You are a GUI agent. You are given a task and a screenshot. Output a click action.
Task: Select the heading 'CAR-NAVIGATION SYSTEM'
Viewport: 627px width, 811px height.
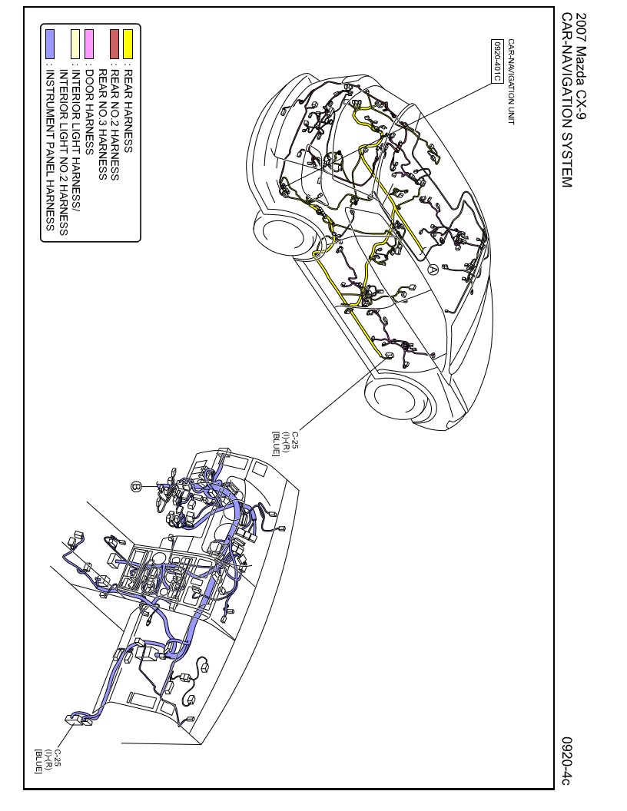coord(567,101)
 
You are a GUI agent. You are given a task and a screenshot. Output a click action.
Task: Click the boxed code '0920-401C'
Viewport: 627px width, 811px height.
coord(497,61)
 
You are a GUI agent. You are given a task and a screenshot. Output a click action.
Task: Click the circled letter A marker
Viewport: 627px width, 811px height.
coord(433,269)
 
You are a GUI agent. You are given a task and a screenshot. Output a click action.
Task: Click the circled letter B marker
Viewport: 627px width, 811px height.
coord(135,487)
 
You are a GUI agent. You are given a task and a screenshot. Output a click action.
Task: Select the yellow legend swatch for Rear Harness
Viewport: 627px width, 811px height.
coord(128,44)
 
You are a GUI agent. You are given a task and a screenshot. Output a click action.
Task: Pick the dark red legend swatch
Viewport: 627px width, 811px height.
coord(114,44)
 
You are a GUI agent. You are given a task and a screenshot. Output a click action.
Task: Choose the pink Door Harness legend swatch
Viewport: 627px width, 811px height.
coord(89,44)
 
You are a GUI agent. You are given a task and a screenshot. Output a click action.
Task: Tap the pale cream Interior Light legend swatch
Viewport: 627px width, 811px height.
coord(76,44)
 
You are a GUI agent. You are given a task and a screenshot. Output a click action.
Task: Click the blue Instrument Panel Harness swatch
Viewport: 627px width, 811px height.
coord(50,44)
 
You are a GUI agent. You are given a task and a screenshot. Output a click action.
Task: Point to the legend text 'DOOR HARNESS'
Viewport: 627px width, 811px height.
coord(89,112)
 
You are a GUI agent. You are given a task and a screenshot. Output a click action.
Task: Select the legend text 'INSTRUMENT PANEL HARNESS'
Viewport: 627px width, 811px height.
coord(50,150)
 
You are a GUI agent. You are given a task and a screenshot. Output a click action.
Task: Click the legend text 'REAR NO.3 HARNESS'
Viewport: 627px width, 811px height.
coord(102,124)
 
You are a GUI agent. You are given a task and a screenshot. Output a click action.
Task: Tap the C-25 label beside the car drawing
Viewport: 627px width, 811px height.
coord(284,443)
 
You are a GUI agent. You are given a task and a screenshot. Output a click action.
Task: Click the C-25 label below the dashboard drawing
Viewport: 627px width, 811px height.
coord(48,761)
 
